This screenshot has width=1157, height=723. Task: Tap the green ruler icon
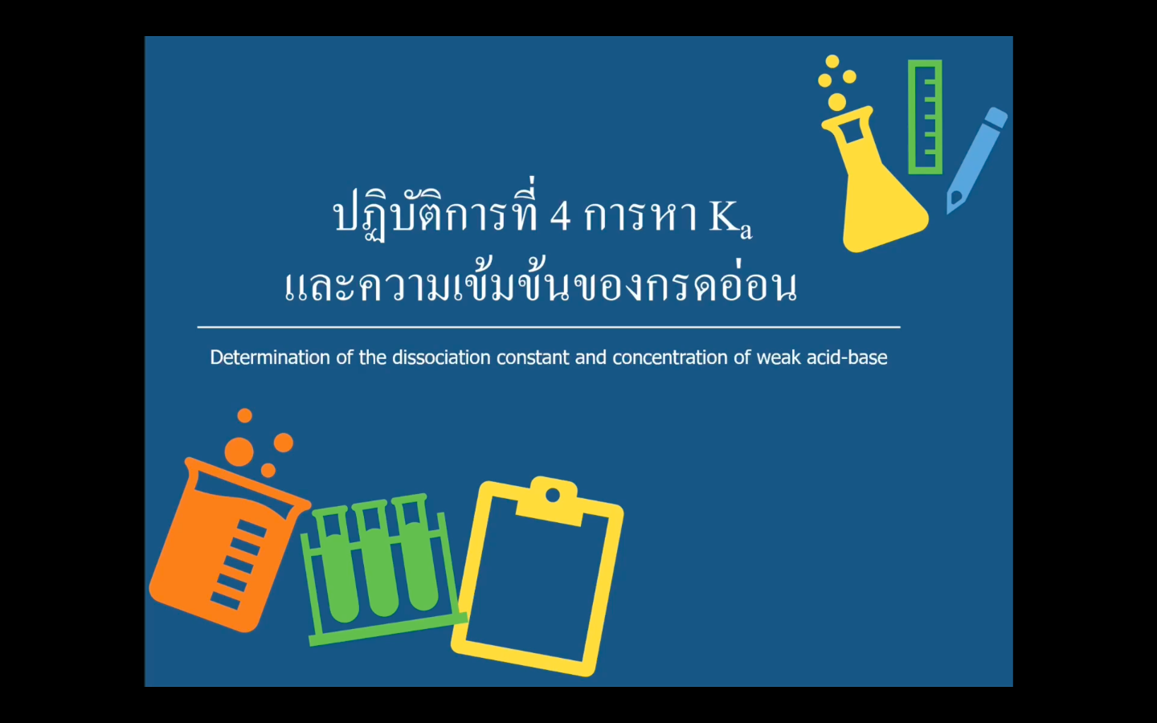pyautogui.click(x=925, y=117)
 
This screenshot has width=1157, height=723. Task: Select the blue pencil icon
pyautogui.click(x=976, y=160)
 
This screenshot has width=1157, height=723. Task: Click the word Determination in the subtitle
pyautogui.click(x=270, y=357)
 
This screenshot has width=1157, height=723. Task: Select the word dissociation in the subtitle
pyautogui.click(x=441, y=357)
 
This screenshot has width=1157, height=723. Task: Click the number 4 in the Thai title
pyautogui.click(x=561, y=216)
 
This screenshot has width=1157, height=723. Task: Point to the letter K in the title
pyautogui.click(x=725, y=216)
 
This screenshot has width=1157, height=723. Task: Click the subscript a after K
pyautogui.click(x=746, y=231)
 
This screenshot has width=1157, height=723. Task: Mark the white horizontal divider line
pyautogui.click(x=549, y=327)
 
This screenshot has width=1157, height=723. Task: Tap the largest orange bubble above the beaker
pyautogui.click(x=239, y=452)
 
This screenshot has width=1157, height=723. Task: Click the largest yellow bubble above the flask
pyautogui.click(x=837, y=101)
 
